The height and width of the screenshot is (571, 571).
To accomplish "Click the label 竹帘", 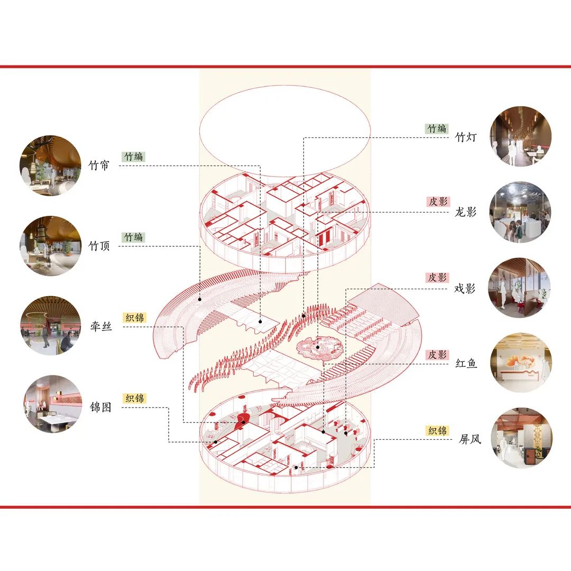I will click(99, 165).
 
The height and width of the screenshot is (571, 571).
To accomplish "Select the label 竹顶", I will click(99, 246).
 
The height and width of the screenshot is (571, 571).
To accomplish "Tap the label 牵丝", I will click(100, 327).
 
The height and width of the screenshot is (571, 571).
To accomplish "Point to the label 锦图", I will click(100, 407).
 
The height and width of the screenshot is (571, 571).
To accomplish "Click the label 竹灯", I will click(466, 137).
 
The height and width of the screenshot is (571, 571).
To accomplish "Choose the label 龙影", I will click(466, 213).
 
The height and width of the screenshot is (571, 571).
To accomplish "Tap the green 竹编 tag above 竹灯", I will click(437, 128).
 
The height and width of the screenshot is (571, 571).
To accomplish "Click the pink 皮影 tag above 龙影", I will click(437, 201).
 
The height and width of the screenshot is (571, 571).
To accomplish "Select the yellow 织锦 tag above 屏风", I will click(437, 430).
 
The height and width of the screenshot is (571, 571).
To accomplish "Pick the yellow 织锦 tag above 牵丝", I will click(134, 318).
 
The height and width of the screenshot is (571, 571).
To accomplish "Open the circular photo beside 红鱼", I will click(521, 363).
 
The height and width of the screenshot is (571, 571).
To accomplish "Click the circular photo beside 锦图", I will click(52, 404).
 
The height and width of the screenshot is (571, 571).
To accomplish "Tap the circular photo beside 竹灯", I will click(521, 136).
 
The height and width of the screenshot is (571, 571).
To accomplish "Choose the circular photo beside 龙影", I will click(521, 212).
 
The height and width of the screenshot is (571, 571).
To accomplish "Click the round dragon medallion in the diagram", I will click(316, 348).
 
